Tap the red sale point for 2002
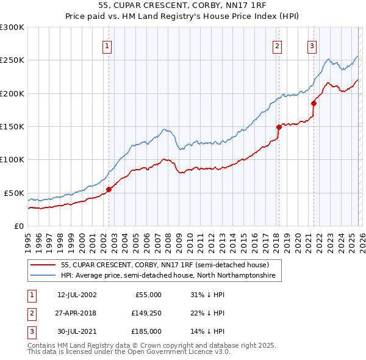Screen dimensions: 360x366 point(109,189)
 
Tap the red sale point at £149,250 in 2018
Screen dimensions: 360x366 point(279,127)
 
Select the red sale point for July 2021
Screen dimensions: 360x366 point(314,103)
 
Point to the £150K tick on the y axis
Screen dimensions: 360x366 point(12,126)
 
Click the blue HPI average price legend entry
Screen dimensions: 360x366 point(168,276)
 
